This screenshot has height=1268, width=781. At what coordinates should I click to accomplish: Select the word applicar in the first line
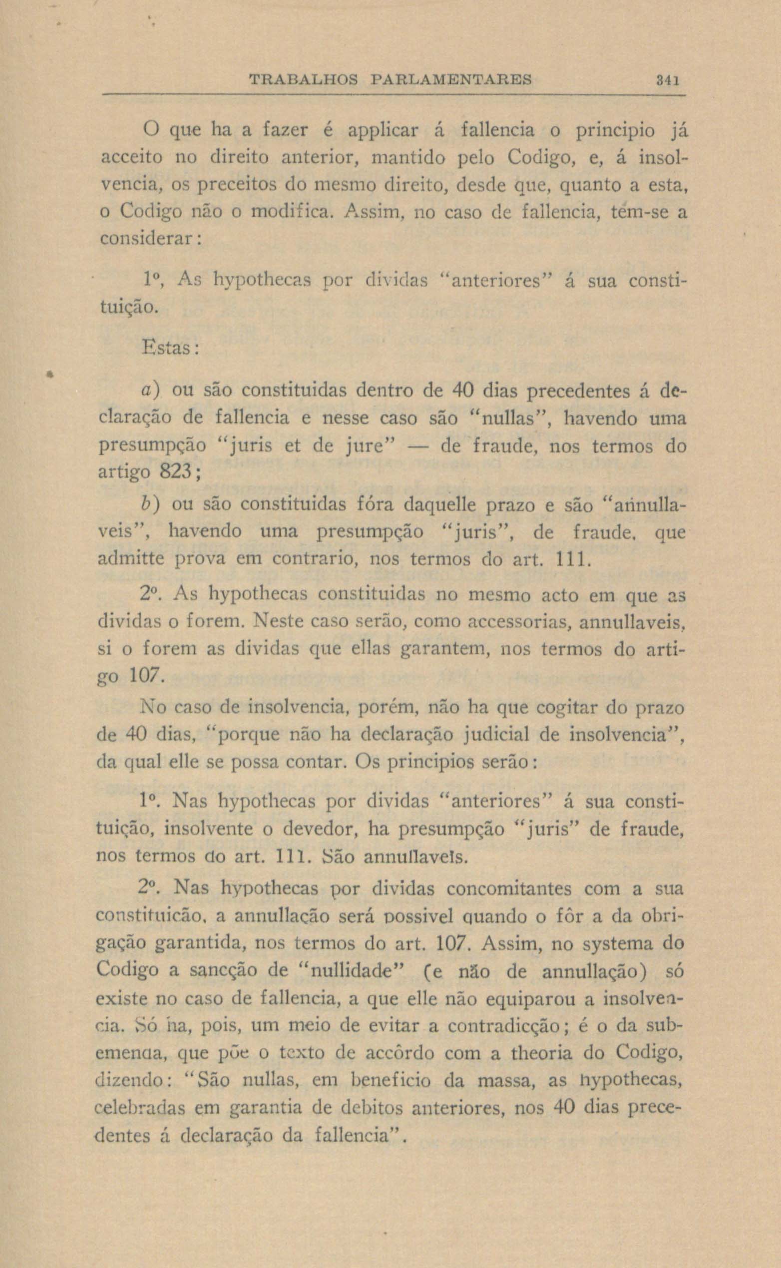tap(382, 130)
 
